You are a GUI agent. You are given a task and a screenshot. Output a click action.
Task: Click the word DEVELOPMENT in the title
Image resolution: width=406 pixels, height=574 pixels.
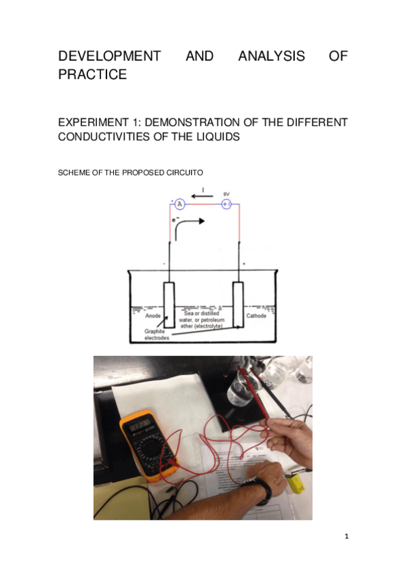109,56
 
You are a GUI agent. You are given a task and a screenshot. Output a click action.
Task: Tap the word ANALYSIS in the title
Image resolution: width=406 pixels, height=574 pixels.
271,56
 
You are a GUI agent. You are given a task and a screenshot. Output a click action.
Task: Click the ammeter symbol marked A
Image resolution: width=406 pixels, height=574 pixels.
180,204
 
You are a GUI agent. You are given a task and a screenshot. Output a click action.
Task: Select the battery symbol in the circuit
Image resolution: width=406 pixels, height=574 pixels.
226,204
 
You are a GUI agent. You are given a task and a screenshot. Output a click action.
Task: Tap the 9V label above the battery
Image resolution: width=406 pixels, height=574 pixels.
226,194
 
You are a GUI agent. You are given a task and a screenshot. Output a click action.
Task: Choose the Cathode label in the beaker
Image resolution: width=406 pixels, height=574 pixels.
256,315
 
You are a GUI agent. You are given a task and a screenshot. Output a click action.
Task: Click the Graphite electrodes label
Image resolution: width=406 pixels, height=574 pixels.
156,334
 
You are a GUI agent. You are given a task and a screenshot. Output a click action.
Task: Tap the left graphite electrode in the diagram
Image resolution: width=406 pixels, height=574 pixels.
169,305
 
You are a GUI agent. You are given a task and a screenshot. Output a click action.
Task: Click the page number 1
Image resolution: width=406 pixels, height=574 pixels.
346,537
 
